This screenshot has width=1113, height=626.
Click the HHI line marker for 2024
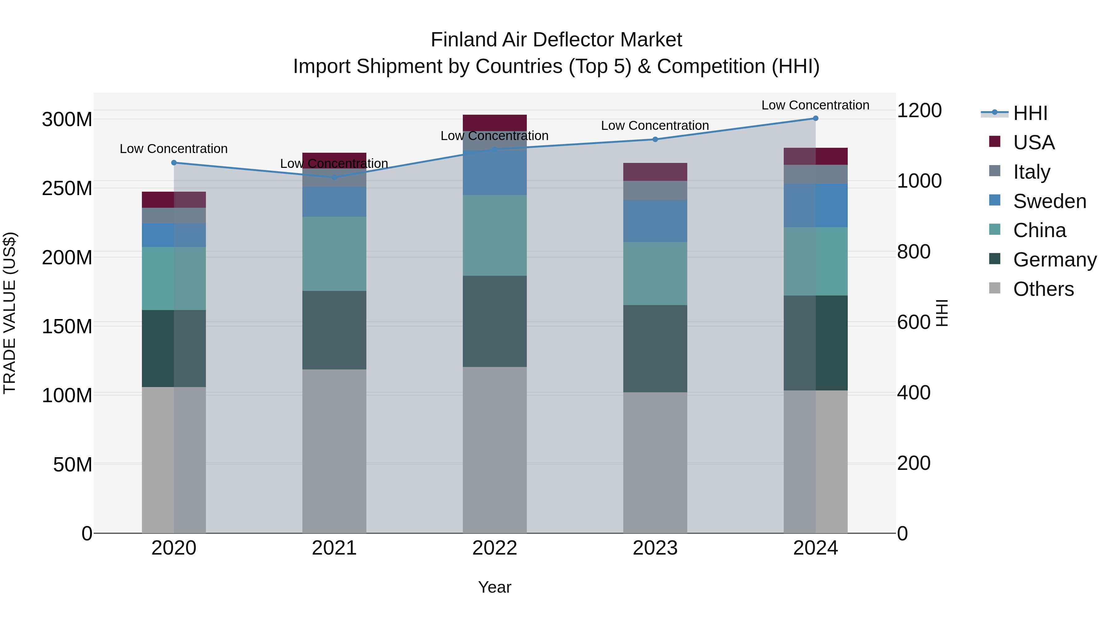point(815,118)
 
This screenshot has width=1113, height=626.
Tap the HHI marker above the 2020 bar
point(174,163)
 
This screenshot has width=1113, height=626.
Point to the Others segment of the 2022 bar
point(495,449)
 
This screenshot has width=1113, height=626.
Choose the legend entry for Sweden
point(1049,201)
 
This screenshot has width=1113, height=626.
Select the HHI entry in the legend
point(1030,113)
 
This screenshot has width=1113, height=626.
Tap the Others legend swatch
point(995,288)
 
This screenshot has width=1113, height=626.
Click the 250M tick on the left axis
point(67,188)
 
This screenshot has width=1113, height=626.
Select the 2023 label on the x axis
point(655,548)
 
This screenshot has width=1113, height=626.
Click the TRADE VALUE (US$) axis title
point(10,313)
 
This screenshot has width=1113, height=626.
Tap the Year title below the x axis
point(495,587)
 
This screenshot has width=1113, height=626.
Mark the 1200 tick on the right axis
point(919,111)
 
